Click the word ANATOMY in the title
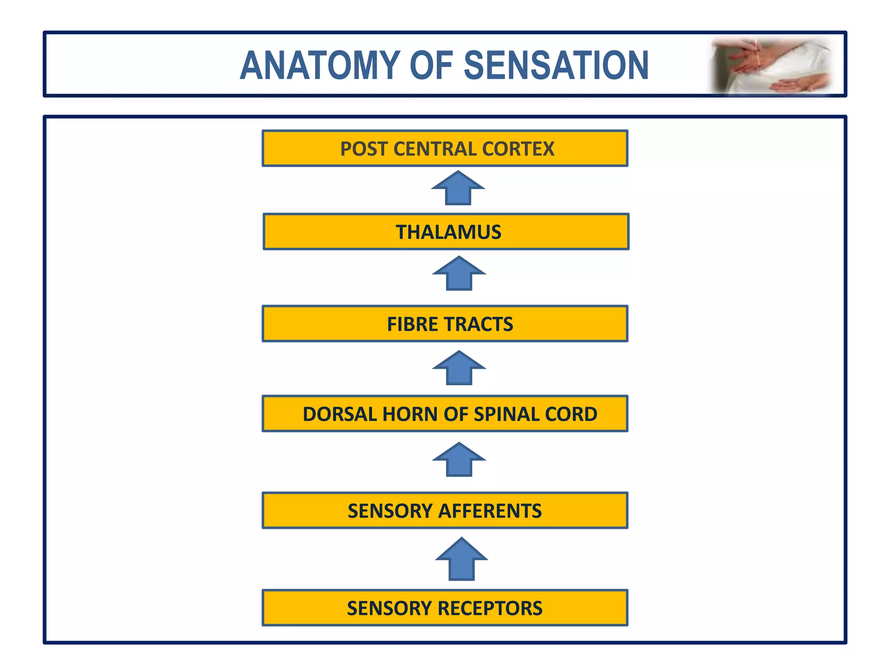[x=320, y=66]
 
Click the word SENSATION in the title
[x=556, y=66]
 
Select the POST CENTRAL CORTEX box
[x=445, y=148]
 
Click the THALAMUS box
[x=446, y=232]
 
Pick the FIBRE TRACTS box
[x=445, y=324]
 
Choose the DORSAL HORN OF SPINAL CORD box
[x=445, y=414]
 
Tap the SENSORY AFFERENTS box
[x=445, y=511]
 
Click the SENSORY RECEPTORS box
[x=445, y=608]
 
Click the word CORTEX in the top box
[x=518, y=149]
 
